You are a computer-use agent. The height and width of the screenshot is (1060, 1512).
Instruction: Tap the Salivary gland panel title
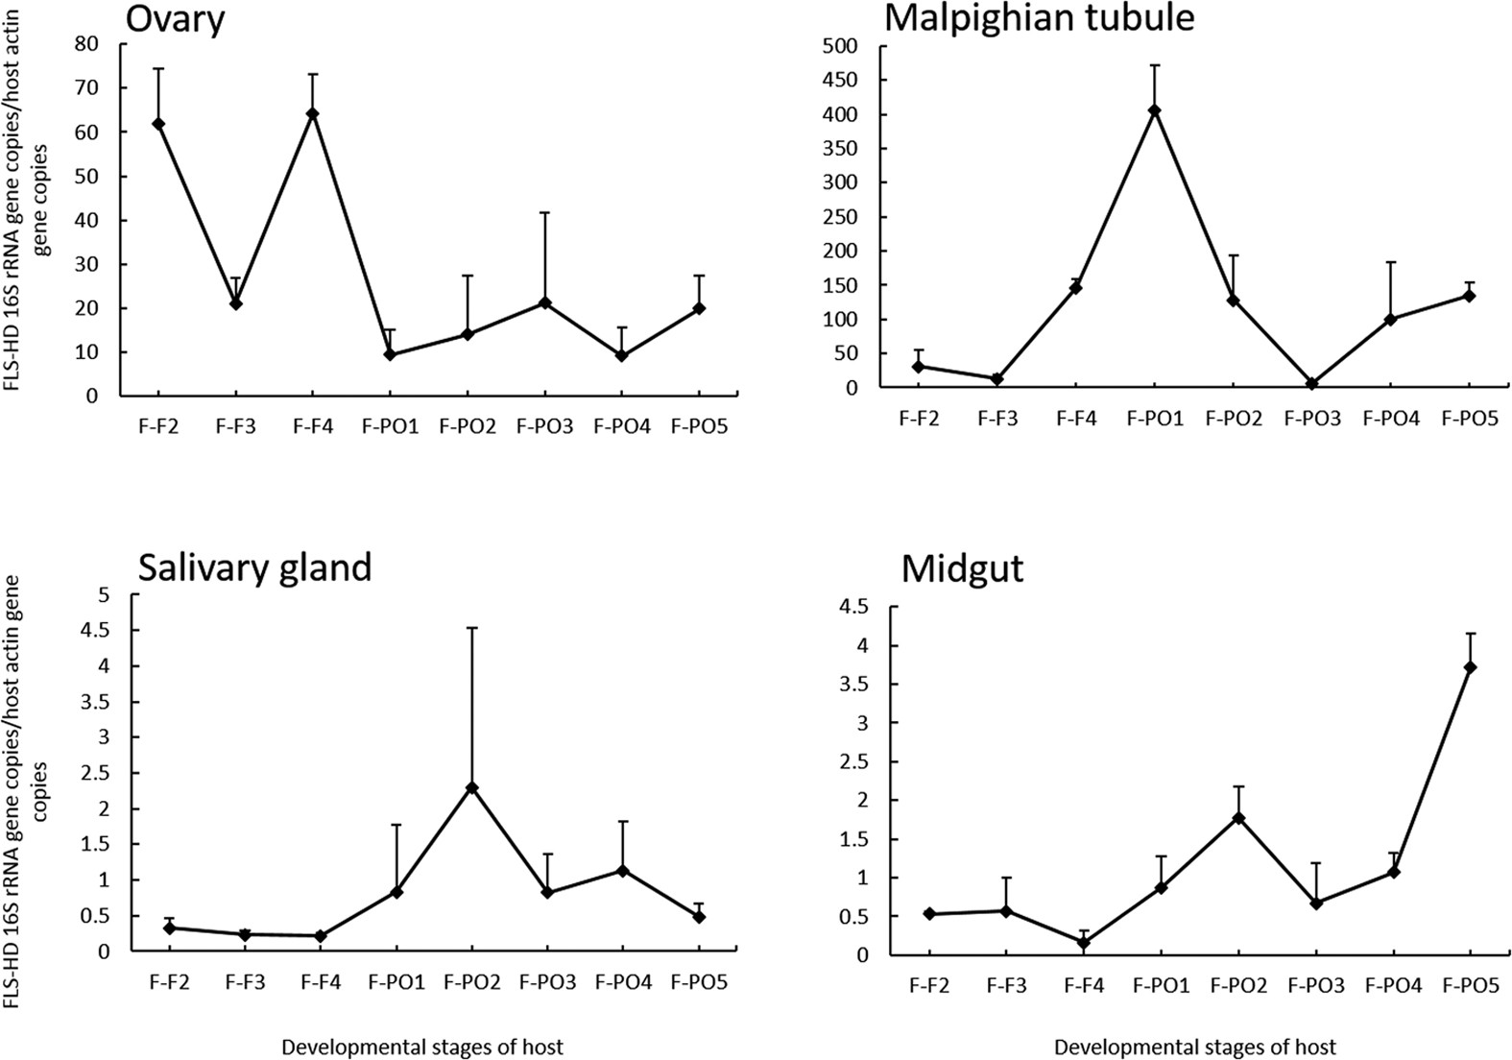coord(254,567)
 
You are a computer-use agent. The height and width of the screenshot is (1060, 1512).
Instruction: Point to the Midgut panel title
coord(962,570)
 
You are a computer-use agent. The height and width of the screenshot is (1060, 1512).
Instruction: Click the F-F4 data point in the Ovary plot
coord(312,113)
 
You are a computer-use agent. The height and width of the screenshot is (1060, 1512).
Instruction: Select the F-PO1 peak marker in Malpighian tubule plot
coord(1155,110)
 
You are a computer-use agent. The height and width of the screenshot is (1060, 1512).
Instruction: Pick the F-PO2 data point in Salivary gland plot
coord(471,787)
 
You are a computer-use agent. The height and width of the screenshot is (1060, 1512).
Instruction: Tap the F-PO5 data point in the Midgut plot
coord(1470,667)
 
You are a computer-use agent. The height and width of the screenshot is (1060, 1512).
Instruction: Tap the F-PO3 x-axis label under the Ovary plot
coord(544,426)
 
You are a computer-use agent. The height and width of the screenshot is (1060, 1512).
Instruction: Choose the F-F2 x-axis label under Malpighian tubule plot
coord(919,418)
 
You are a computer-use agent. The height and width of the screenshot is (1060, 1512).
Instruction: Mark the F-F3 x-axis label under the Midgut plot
coord(1005,986)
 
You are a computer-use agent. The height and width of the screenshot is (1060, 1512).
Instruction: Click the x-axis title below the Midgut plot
coord(1194,1047)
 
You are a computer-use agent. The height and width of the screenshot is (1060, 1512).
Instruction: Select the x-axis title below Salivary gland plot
coord(422,1047)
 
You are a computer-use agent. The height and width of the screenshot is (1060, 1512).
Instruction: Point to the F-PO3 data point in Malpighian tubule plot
coord(1311,384)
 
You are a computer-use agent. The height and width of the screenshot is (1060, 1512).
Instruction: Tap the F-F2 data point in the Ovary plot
coord(158,124)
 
